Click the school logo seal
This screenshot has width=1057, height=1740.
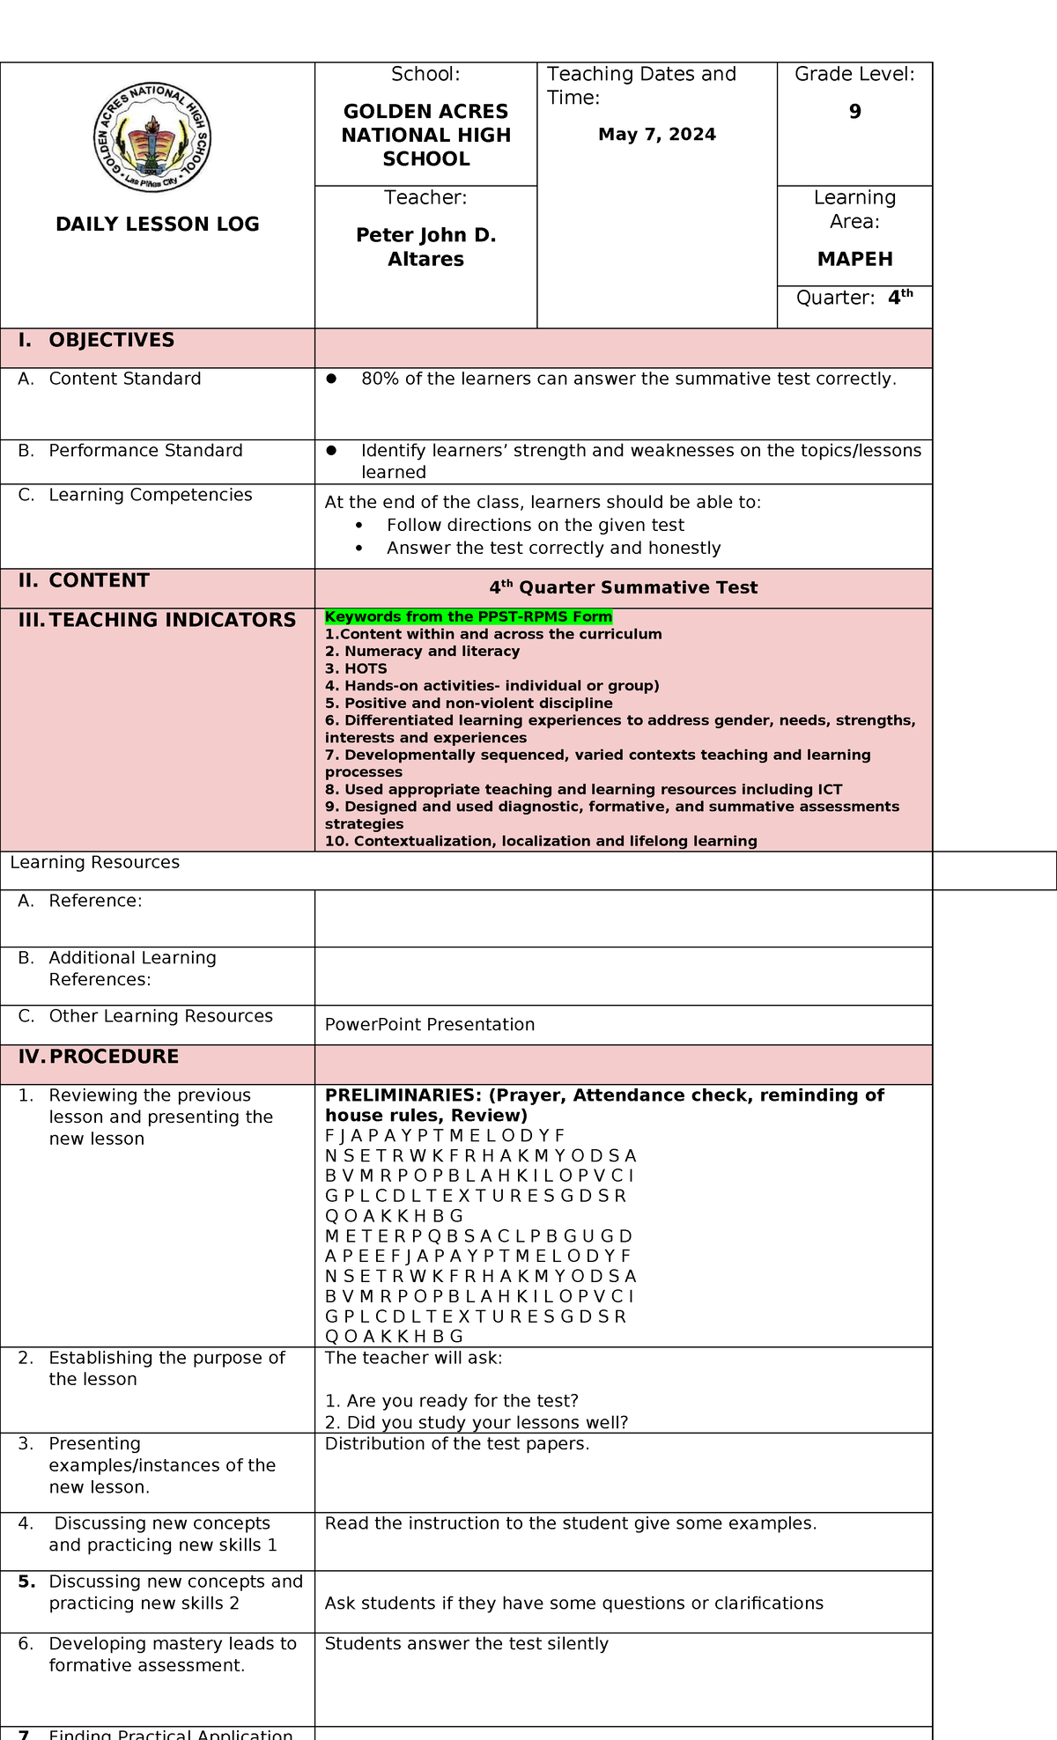coord(152,138)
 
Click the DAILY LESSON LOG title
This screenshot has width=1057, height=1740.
coord(158,224)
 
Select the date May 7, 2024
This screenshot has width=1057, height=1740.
coord(656,135)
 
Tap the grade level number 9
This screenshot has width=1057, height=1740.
coord(854,112)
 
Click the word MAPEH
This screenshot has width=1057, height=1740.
coord(854,259)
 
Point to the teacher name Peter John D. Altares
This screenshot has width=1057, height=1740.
coord(425,247)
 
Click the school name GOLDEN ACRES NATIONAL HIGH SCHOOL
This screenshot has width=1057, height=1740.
coord(425,135)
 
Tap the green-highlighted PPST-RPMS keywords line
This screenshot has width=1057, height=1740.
coord(468,616)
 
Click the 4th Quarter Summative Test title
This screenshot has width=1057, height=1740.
coord(623,587)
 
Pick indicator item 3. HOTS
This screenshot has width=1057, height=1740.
coord(356,668)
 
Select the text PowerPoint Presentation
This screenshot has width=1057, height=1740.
coord(430,1024)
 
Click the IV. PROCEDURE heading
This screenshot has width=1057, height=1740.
coord(114,1056)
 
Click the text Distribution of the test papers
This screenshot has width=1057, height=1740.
coord(457,1443)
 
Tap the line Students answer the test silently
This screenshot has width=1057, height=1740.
coord(467,1643)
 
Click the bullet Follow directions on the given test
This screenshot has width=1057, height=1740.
coord(535,525)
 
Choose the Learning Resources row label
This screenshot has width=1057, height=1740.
coord(95,862)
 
